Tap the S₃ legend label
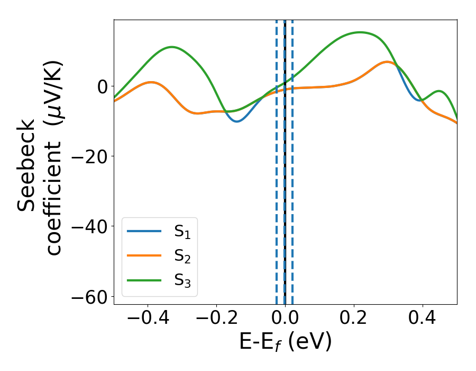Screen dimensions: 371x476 (x=182, y=280)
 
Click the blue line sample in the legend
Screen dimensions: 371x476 (x=144, y=231)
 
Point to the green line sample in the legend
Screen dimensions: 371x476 (x=144, y=280)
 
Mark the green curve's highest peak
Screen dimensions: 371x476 (x=360, y=32)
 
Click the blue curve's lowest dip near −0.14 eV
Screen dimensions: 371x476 (x=237, y=121)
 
